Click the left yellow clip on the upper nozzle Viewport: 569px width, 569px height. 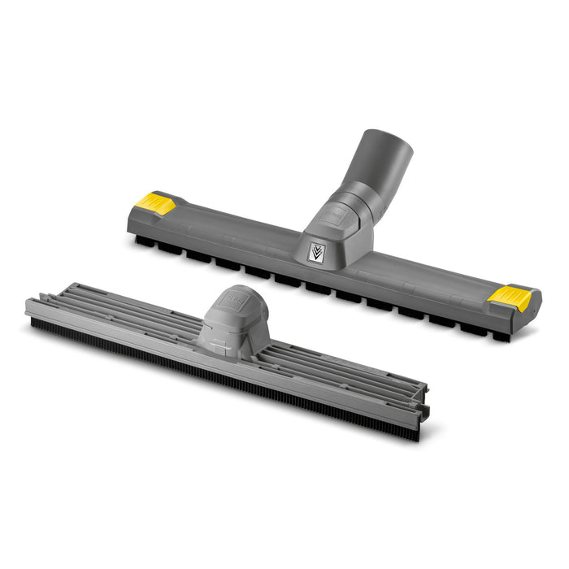tap(154, 203)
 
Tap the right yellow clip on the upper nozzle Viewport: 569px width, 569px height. tap(510, 298)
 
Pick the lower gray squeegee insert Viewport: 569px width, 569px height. tap(228, 350)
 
